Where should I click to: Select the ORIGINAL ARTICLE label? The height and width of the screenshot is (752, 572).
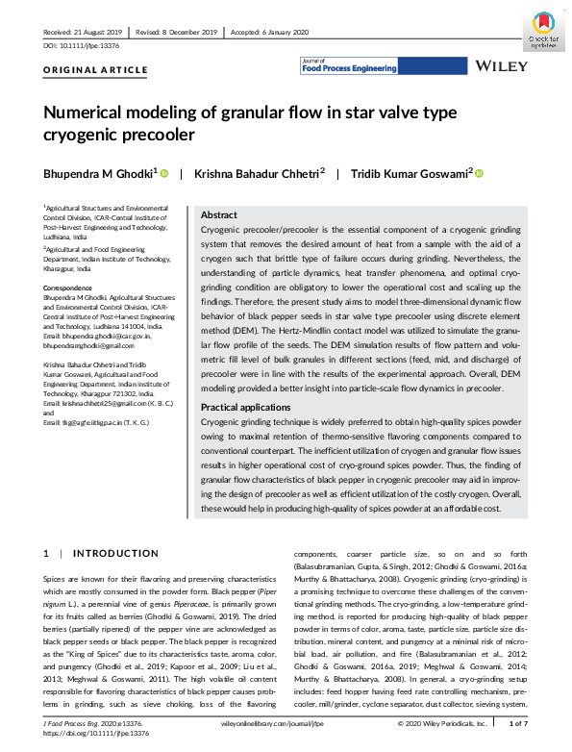pyautogui.click(x=95, y=70)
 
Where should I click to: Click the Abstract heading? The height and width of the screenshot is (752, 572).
pyautogui.click(x=218, y=215)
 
